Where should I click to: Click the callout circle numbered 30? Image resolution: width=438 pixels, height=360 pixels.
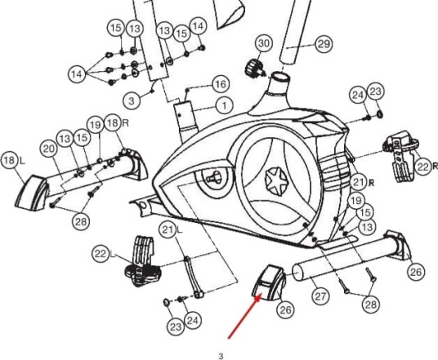coord(264,43)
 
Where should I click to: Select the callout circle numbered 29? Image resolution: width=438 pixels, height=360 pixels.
coord(324,44)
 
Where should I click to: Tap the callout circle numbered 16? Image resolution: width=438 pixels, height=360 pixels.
coord(221,84)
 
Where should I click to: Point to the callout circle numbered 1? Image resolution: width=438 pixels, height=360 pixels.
coord(224,105)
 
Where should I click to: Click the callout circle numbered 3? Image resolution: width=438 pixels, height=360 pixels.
coord(132,100)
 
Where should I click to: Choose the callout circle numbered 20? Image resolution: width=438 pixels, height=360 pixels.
coord(48,149)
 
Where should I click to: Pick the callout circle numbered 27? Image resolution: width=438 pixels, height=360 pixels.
coord(320,296)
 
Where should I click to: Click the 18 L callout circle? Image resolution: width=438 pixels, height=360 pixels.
coord(10,161)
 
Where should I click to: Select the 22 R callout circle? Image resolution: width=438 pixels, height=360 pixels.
coord(423,167)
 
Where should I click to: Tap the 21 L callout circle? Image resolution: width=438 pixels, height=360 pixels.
coord(168,229)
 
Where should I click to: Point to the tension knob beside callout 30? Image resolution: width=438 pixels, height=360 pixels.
coord(253,69)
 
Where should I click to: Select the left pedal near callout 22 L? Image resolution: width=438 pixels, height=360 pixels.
coord(141,265)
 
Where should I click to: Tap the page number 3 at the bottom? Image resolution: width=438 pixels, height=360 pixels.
coord(221,356)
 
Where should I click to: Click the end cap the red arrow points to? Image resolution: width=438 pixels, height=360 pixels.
coord(269,282)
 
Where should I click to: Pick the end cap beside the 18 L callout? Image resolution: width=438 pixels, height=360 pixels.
coord(31,193)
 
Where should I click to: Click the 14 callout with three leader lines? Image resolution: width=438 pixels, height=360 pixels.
coord(77,74)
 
